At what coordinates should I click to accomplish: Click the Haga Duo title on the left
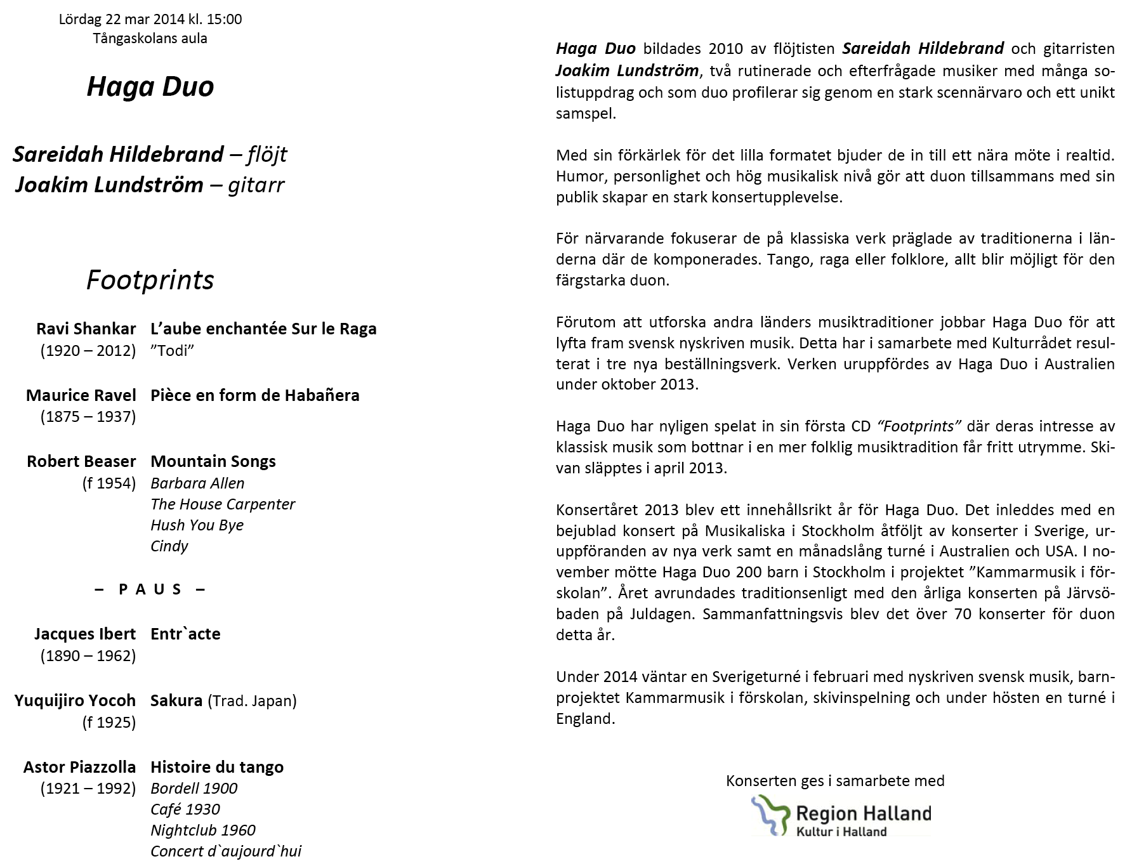tap(150, 87)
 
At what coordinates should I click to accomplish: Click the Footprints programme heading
tap(150, 280)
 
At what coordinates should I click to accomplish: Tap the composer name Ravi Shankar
tap(86, 329)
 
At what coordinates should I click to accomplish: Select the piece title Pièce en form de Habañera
tap(254, 395)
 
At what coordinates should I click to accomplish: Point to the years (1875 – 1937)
tap(88, 417)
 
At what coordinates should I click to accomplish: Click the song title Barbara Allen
tap(197, 483)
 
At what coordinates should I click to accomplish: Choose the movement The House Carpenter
tap(223, 504)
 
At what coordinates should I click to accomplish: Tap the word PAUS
tap(150, 589)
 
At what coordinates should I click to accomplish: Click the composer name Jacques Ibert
tap(85, 634)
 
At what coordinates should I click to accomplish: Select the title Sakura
tap(176, 700)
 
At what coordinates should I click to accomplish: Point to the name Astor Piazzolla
tap(80, 767)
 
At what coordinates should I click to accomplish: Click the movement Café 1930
tap(185, 810)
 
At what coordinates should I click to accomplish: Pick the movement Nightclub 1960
tap(203, 830)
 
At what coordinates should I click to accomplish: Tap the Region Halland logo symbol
tap(770, 815)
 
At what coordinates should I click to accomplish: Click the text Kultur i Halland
tap(841, 832)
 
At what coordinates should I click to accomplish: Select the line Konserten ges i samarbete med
tap(835, 781)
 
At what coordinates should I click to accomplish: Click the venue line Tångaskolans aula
tap(150, 38)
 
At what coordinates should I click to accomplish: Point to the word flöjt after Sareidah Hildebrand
tap(267, 154)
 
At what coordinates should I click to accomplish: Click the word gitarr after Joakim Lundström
tap(256, 185)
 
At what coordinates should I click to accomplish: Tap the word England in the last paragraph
tap(584, 719)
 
